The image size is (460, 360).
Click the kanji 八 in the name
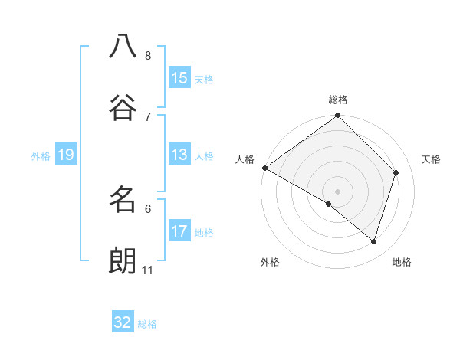click(x=123, y=46)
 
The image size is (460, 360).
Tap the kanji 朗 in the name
click(x=123, y=260)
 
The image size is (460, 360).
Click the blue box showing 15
click(x=179, y=78)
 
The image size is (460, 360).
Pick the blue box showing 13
click(x=179, y=155)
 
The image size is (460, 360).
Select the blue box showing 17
click(x=179, y=231)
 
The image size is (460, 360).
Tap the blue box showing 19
click(x=66, y=155)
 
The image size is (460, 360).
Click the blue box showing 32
click(x=123, y=322)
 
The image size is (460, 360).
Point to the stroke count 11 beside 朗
click(x=147, y=270)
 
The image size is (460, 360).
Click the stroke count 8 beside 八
click(x=148, y=56)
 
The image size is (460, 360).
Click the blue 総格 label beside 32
click(x=147, y=324)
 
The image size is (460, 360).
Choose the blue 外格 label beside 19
click(x=41, y=156)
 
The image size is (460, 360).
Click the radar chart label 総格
click(x=338, y=100)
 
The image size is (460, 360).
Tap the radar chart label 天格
click(x=432, y=159)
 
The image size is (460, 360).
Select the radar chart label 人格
click(x=245, y=159)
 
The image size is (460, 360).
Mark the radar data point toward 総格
click(x=338, y=116)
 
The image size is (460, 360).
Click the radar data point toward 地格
click(x=374, y=241)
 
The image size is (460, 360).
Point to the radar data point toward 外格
click(x=329, y=204)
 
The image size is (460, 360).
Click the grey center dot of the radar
click(x=338, y=191)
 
